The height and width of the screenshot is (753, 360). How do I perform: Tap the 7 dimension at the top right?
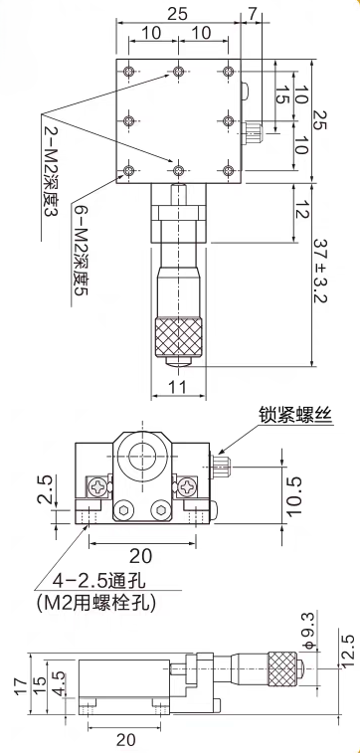point(253,14)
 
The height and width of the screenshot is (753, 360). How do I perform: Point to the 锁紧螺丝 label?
point(294,414)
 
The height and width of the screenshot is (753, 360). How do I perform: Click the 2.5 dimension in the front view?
point(44,489)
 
